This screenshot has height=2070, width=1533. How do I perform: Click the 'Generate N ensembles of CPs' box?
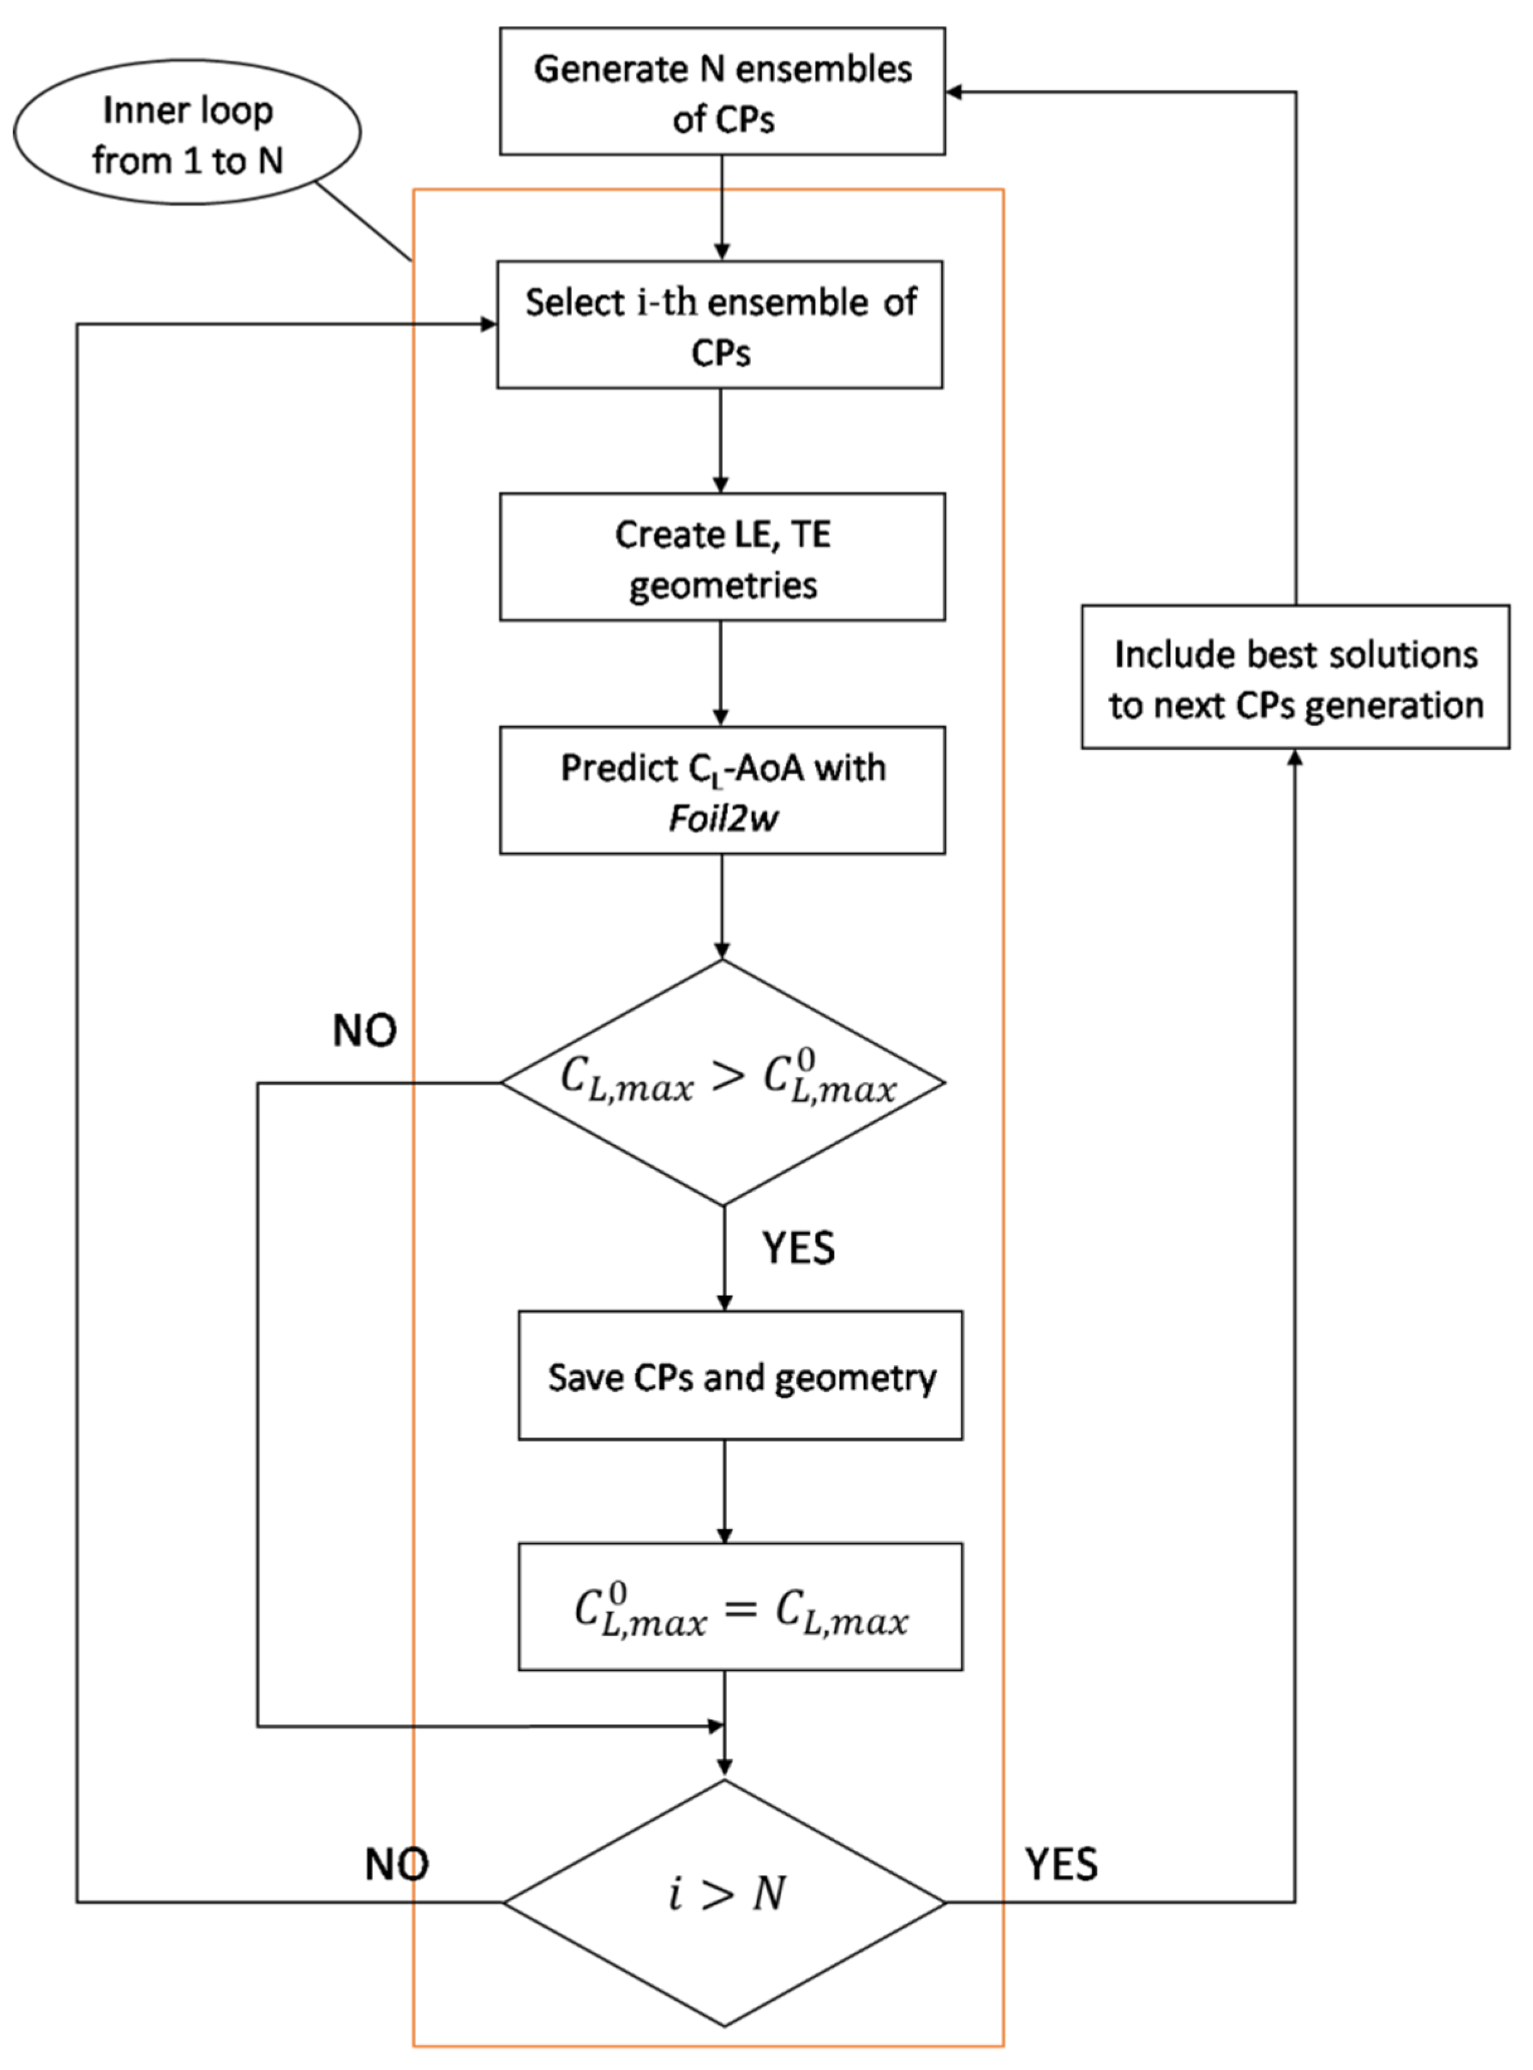(722, 91)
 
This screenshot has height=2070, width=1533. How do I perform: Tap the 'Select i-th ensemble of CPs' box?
(719, 325)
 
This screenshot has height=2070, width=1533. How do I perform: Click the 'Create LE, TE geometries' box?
(722, 557)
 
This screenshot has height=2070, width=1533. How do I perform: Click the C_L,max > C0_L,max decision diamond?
(723, 1082)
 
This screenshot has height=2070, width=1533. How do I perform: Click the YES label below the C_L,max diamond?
(798, 1248)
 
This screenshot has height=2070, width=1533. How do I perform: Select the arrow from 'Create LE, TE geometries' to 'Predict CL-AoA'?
(721, 673)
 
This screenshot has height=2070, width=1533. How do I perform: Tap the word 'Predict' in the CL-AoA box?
(606, 768)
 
